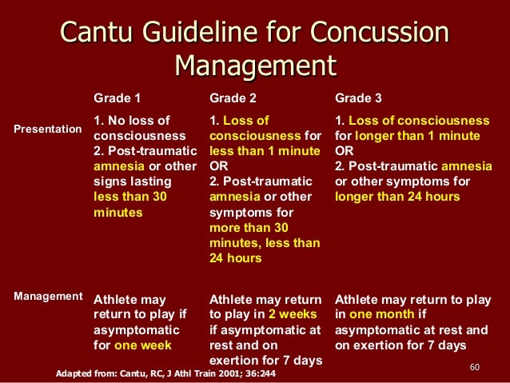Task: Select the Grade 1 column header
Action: [118, 99]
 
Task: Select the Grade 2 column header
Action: [233, 99]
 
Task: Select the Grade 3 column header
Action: [358, 99]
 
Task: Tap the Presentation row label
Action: [47, 128]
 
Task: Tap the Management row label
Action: [47, 296]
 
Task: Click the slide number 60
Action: [474, 367]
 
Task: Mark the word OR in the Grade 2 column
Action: [218, 166]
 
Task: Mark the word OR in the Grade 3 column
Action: [344, 151]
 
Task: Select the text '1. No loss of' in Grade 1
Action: [132, 121]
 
